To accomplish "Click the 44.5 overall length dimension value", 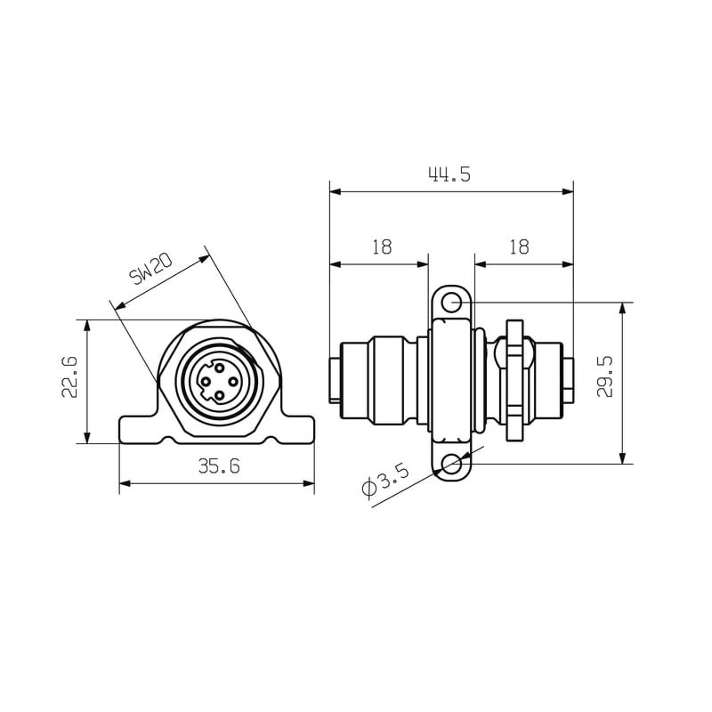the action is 449,174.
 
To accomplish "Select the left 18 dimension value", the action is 382,247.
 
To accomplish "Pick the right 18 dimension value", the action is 519,247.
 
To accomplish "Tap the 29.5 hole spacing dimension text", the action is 605,376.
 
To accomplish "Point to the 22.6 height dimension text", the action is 69,377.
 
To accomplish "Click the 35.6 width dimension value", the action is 219,465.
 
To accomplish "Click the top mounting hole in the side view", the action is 451,303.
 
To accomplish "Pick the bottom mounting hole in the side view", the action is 451,464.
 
